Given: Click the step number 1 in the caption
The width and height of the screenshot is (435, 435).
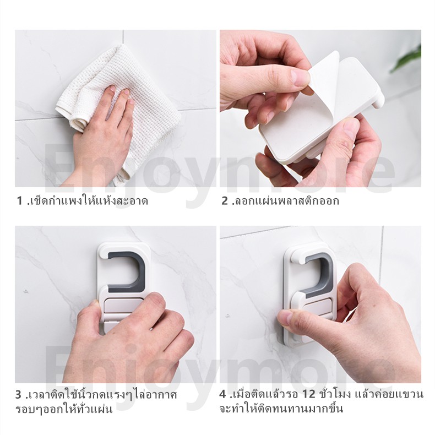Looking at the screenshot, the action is pyautogui.click(x=19, y=200).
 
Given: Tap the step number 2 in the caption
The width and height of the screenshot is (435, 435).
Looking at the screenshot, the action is pyautogui.click(x=225, y=200).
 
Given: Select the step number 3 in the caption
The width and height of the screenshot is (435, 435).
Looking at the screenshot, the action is pyautogui.click(x=18, y=394).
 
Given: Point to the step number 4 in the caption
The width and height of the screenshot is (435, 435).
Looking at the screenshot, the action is pyautogui.click(x=223, y=394).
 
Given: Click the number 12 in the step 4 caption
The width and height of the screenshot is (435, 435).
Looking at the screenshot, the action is pyautogui.click(x=308, y=394).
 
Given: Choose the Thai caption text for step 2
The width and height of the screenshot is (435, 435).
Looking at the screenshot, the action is pyautogui.click(x=286, y=200).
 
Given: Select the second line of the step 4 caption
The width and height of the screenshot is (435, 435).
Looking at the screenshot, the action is pyautogui.click(x=281, y=409).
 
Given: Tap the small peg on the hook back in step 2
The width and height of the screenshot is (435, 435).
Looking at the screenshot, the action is pyautogui.click(x=378, y=102).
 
